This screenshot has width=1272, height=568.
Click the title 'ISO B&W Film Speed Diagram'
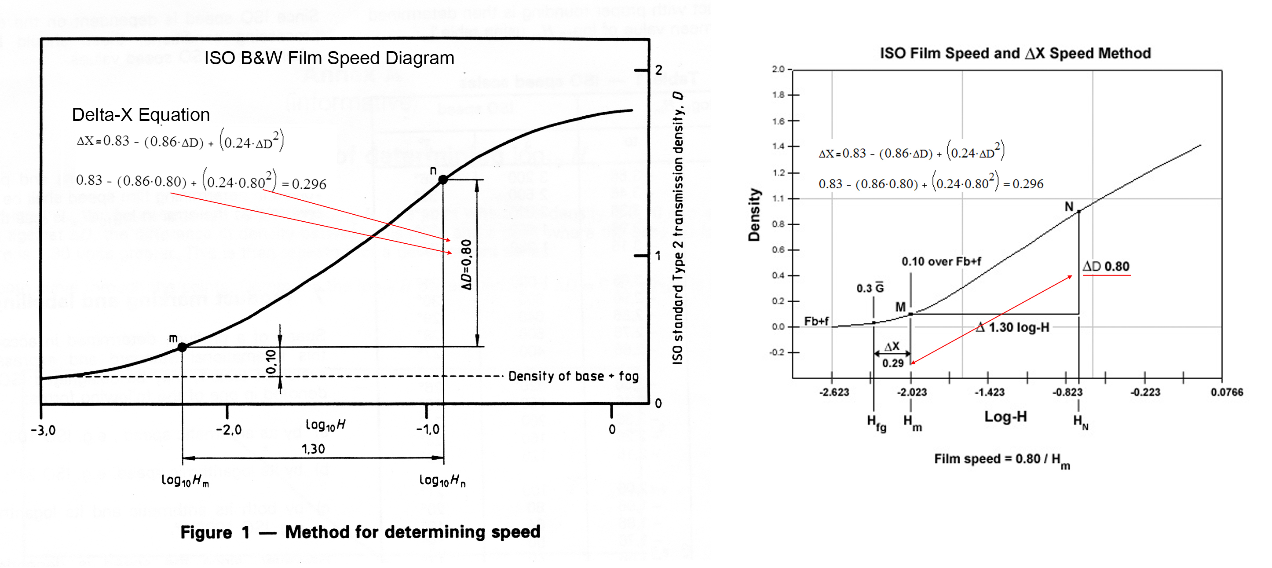[329, 58]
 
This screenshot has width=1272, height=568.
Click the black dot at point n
[443, 180]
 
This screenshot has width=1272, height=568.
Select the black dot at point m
[182, 347]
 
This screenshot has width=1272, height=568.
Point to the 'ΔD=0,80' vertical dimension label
[466, 264]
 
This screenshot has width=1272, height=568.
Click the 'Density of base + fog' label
[573, 376]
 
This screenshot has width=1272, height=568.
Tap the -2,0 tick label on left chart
[229, 430]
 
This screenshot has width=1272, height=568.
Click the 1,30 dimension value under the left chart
[313, 449]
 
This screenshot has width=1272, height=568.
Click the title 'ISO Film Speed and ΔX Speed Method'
[1015, 53]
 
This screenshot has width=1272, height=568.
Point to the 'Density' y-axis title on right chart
[754, 215]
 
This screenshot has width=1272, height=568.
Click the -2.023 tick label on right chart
[911, 392]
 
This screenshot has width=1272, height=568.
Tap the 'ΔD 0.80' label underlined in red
[1106, 267]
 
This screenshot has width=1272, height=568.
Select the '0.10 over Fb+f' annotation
[941, 261]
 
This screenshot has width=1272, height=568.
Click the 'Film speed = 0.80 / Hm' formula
[1002, 460]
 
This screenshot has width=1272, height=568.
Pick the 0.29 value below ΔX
[893, 363]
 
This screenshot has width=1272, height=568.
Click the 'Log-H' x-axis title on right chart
[1005, 417]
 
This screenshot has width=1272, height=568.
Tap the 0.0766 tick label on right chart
[1227, 392]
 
